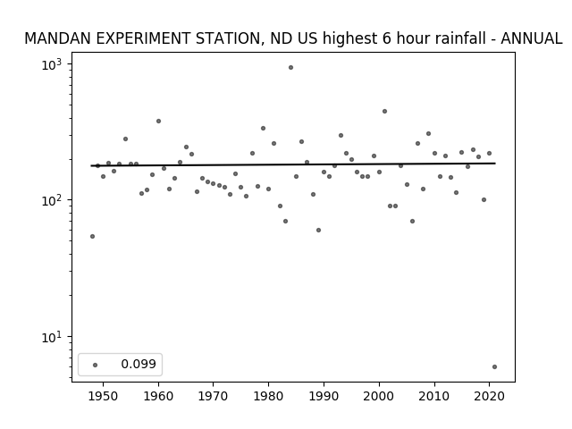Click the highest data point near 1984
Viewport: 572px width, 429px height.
tap(290, 68)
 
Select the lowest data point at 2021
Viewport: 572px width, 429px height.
tap(494, 367)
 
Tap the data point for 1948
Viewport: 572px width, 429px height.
tap(92, 236)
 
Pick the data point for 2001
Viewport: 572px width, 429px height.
tap(384, 111)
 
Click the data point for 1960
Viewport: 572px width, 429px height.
tap(158, 122)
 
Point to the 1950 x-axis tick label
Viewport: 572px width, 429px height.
tap(104, 396)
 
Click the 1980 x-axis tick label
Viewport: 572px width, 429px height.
tap(268, 396)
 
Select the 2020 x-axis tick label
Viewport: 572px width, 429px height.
tap(489, 396)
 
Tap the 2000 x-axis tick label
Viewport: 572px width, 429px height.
tap(379, 396)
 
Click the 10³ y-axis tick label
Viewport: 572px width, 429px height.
tap(52, 64)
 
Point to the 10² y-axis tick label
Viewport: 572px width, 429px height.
tap(52, 200)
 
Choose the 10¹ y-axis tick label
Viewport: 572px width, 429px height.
tap(52, 337)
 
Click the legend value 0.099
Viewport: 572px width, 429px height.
tap(139, 364)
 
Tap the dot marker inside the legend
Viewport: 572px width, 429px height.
tap(96, 365)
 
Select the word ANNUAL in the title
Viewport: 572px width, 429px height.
tap(532, 38)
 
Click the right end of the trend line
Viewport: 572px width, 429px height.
tap(495, 164)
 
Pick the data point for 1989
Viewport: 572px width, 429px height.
tap(318, 231)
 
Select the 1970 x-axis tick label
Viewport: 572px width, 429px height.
tap(214, 396)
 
